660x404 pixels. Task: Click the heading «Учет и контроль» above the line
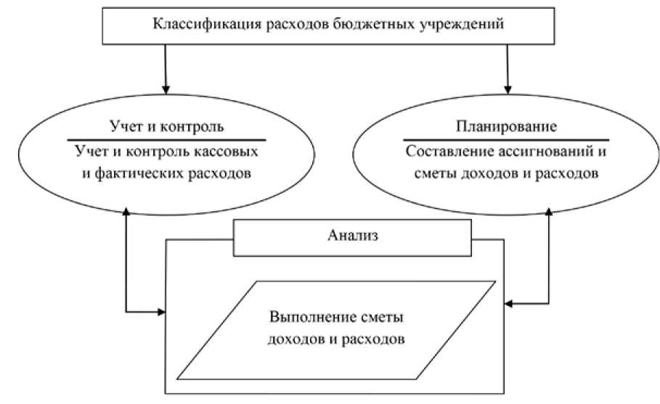click(x=166, y=125)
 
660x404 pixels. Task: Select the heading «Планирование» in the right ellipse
click(x=507, y=125)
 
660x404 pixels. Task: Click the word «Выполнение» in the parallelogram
click(x=305, y=319)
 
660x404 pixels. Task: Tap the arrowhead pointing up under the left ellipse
click(x=126, y=211)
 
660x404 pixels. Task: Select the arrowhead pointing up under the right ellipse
click(x=548, y=211)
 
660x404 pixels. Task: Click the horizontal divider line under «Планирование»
click(x=507, y=139)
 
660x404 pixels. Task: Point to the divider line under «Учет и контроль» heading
click(x=166, y=139)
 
